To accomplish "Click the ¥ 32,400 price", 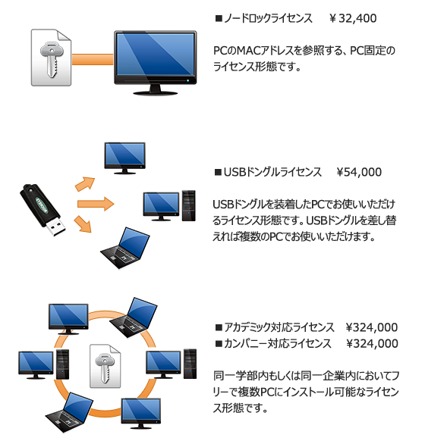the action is (x=353, y=18).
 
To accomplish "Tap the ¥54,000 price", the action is (x=359, y=172).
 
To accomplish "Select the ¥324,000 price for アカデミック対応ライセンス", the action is (x=372, y=327).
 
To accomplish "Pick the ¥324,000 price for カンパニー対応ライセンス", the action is (x=372, y=343).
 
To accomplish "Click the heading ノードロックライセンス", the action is (x=268, y=18).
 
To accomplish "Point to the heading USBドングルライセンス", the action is (x=272, y=172).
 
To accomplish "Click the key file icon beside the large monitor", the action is (x=51, y=58).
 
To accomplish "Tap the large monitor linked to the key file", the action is (x=155, y=63).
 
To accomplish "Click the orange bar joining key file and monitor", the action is (x=93, y=59).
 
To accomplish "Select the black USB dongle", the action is (x=42, y=210).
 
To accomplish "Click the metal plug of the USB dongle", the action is (x=56, y=227).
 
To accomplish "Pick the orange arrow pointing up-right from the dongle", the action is (x=85, y=183).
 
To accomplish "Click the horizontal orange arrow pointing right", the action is (x=96, y=204).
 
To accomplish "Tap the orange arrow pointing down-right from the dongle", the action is (x=83, y=224).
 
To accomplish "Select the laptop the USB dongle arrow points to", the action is (x=125, y=248).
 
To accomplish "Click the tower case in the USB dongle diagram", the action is (x=189, y=205).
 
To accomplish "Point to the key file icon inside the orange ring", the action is (x=105, y=366).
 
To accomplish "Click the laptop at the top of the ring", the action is (x=134, y=317).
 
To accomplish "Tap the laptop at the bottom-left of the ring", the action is (x=69, y=412).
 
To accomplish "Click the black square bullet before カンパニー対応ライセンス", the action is (x=219, y=344).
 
